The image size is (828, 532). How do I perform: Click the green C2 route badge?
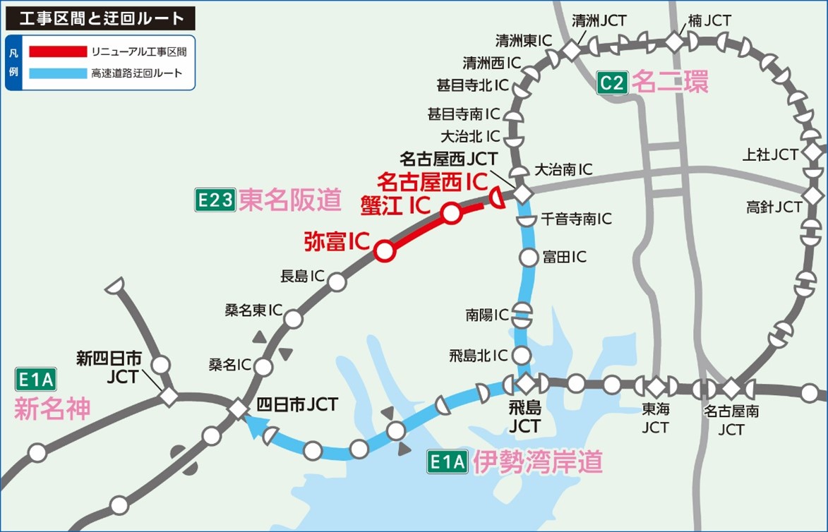point(612,83)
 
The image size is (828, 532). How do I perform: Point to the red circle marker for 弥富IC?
point(383,250)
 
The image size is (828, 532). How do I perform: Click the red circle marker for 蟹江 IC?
point(452,212)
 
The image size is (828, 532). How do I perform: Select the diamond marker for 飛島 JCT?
point(526,384)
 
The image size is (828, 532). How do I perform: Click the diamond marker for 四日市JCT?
point(238,409)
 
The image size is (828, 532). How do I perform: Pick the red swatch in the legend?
point(56,52)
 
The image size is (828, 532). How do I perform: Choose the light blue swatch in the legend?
point(56,73)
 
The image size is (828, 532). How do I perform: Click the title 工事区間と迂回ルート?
point(97,18)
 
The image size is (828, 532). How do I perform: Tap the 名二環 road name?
point(670,83)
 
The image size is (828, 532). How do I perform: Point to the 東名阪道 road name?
point(290,201)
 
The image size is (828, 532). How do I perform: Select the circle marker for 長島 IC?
point(337,282)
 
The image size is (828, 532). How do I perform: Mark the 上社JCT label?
point(771,154)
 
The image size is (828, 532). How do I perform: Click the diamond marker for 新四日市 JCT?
point(169,396)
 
